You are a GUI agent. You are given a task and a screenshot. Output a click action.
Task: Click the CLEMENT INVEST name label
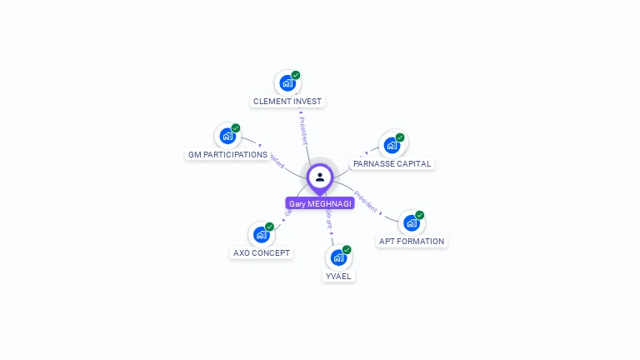click(x=287, y=102)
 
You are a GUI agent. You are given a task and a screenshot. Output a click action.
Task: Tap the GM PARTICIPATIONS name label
click(x=227, y=155)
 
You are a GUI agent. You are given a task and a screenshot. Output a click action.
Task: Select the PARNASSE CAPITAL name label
click(x=392, y=164)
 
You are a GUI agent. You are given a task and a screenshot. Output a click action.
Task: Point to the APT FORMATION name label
click(x=412, y=242)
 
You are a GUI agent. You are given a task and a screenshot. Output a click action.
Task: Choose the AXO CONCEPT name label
click(x=262, y=252)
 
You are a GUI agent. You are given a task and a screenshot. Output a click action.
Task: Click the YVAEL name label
click(x=338, y=276)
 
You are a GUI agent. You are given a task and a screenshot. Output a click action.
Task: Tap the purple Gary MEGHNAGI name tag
click(x=320, y=203)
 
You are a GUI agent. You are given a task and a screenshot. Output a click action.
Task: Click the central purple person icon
click(x=320, y=177)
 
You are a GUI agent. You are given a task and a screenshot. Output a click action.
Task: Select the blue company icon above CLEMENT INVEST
click(x=287, y=83)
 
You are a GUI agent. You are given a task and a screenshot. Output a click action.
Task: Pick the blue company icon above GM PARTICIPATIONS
click(x=227, y=137)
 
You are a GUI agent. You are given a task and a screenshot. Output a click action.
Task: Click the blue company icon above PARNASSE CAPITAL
click(x=392, y=146)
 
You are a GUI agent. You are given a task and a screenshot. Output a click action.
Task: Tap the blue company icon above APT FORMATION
click(x=412, y=223)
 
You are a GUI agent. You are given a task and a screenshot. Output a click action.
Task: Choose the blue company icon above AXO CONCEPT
click(x=261, y=234)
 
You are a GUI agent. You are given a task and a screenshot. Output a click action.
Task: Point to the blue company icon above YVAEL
click(x=338, y=257)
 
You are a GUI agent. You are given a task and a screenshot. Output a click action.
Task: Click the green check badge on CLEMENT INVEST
click(x=296, y=75)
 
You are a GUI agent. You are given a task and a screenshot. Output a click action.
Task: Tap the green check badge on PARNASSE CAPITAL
click(x=400, y=137)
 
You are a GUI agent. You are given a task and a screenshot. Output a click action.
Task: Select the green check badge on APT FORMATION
click(x=420, y=215)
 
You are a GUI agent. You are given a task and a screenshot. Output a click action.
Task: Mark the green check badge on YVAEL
click(x=347, y=249)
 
